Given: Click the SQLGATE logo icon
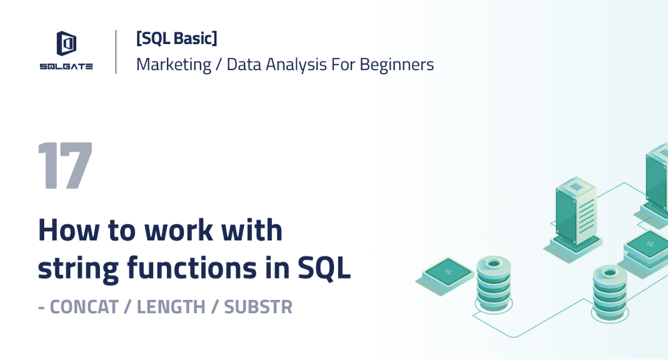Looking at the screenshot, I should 65,44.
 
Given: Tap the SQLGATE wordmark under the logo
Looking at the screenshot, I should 65,65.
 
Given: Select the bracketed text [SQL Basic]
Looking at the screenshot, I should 176,39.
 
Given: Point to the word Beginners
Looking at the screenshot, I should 397,65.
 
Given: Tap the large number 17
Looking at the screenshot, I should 65,166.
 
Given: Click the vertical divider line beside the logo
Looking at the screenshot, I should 116,51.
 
